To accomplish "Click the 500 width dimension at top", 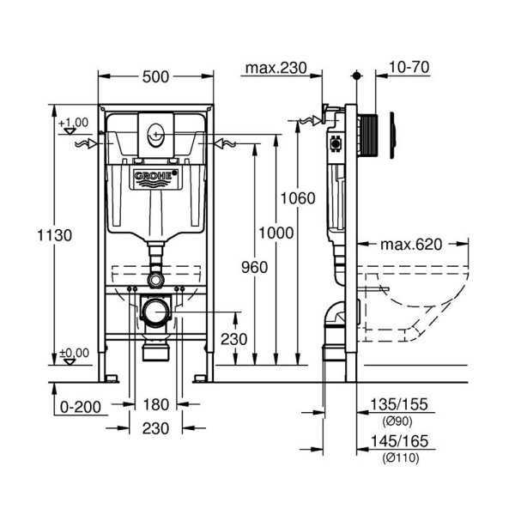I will [x=155, y=77].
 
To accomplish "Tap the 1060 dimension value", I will [x=298, y=198].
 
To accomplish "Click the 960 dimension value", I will [x=254, y=267].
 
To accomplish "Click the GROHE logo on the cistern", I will [x=155, y=177].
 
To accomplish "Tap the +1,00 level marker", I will [x=74, y=123].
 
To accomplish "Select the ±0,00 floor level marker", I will [x=74, y=352].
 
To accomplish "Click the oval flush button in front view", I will [x=155, y=134].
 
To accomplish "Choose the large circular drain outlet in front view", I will [x=155, y=310].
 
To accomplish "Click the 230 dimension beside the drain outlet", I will [x=233, y=338].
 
